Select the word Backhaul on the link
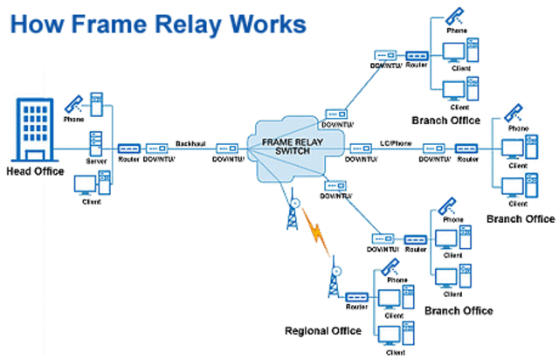[x=190, y=142]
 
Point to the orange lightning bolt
[x=315, y=235]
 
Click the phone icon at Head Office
[x=74, y=103]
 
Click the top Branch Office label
[x=445, y=120]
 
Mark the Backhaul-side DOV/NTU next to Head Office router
[x=157, y=149]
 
